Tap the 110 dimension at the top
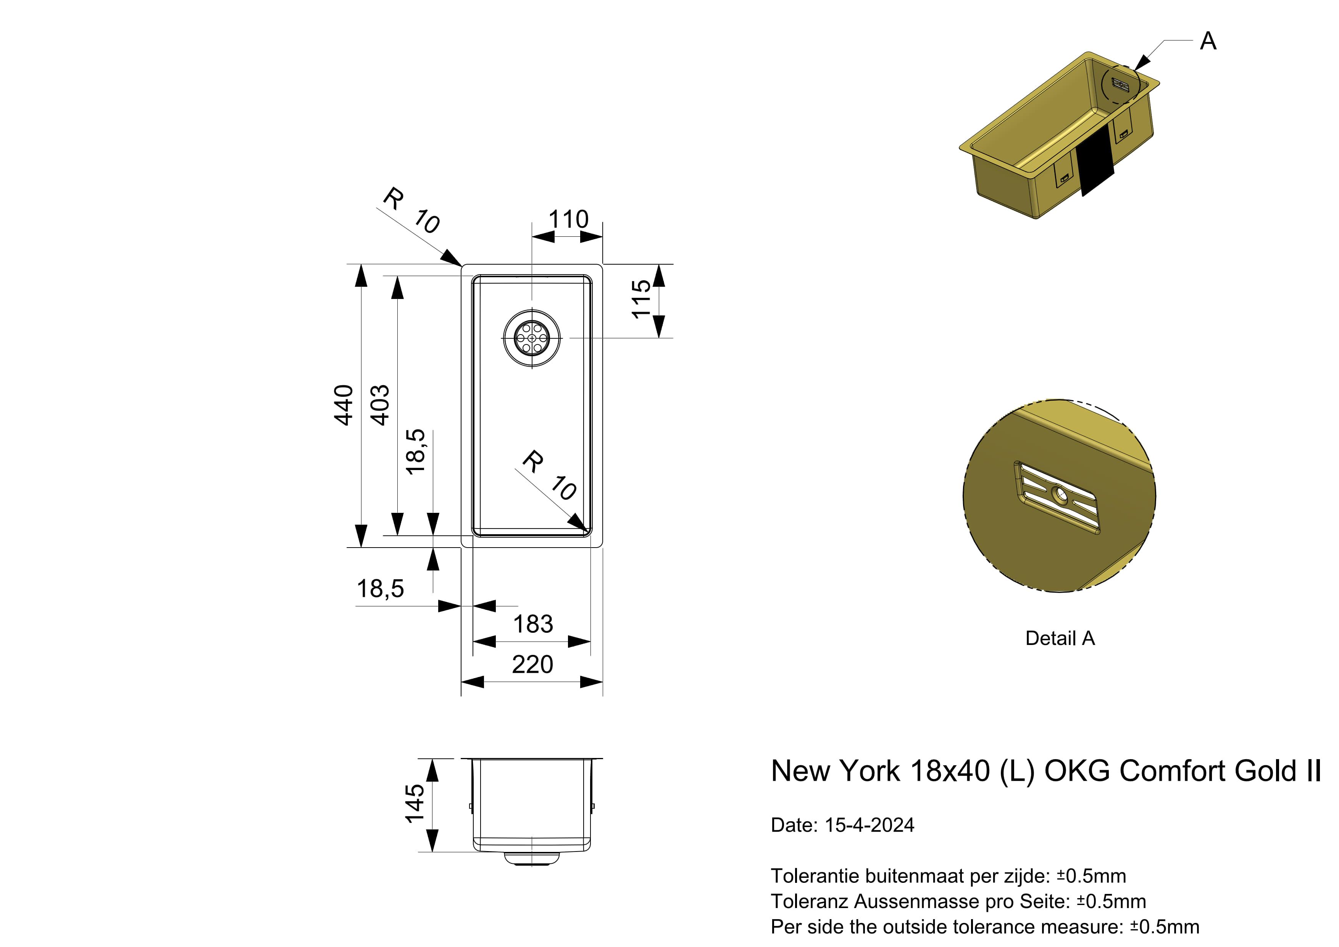[569, 220]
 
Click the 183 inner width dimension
[533, 624]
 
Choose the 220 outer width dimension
[532, 664]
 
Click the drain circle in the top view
[532, 338]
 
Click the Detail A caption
[1060, 638]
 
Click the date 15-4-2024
[870, 825]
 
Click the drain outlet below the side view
[532, 859]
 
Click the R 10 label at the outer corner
[411, 211]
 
